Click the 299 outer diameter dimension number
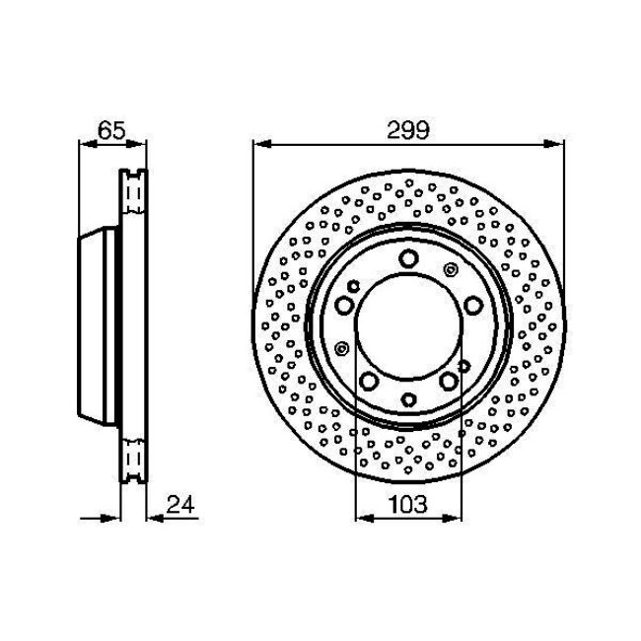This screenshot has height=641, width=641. (x=408, y=130)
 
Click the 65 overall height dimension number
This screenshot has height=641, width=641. (x=111, y=130)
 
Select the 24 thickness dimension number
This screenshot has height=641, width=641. (x=180, y=505)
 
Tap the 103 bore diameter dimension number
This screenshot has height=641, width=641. (x=407, y=505)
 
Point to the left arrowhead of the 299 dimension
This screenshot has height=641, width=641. (x=262, y=144)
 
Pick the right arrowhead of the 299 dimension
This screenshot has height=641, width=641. (x=555, y=144)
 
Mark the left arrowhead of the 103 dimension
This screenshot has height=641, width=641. (x=365, y=519)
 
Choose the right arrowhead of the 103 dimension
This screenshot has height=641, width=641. (x=453, y=519)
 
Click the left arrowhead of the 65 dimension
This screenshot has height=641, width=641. (x=88, y=144)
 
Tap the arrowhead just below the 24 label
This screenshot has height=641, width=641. (x=156, y=519)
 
